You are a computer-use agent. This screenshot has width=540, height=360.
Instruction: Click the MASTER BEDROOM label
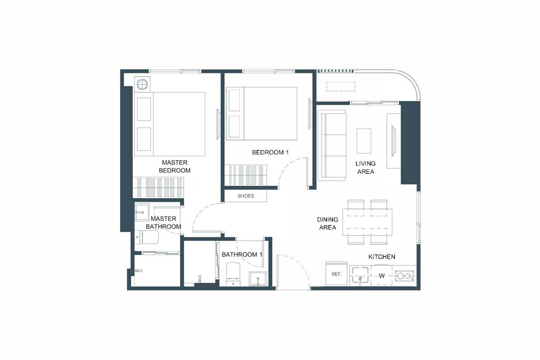176,166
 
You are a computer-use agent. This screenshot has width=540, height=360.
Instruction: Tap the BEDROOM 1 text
270,153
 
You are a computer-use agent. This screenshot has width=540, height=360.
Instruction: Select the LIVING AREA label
365,167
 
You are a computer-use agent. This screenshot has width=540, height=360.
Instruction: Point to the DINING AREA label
327,224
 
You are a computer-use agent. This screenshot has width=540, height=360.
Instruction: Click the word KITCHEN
382,256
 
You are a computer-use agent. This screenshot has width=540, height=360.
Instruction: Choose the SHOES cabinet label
246,196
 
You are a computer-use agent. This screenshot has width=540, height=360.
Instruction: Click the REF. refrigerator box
336,274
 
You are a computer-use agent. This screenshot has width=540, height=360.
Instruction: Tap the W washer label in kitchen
381,276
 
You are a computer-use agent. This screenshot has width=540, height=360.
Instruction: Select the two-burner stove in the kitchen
404,276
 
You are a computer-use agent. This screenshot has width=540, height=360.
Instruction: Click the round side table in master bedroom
143,84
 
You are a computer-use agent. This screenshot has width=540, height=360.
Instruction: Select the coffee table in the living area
364,141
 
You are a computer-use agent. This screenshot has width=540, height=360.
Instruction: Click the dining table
367,222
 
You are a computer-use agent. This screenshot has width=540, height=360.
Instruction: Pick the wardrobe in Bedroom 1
246,175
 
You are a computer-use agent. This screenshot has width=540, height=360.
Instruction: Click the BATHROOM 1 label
242,255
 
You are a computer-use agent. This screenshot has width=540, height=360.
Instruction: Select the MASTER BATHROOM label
163,223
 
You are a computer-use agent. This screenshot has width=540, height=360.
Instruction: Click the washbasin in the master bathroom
143,210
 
